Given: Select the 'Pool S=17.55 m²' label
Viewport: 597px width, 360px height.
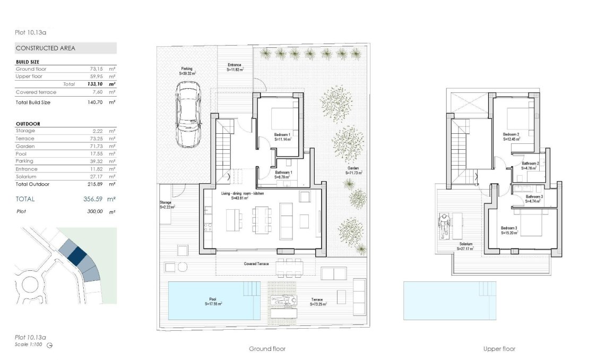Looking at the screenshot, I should (x=213, y=302).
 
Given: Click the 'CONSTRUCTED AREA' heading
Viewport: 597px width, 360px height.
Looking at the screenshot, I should (x=46, y=48).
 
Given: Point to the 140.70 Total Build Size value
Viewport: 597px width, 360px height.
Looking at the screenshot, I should (x=91, y=102).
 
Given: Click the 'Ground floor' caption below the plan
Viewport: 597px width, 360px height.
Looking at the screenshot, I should (x=267, y=349).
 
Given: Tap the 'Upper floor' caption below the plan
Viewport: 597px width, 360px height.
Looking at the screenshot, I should (x=499, y=349).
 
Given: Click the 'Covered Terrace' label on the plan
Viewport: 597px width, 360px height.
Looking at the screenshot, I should (x=256, y=264).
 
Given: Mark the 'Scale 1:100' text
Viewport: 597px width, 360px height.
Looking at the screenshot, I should (x=29, y=345).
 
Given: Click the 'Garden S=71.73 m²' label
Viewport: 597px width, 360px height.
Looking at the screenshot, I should (x=353, y=170).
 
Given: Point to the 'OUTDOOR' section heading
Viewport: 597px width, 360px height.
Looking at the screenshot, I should (x=28, y=124).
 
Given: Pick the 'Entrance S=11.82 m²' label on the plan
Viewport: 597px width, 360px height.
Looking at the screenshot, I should (x=235, y=67).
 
